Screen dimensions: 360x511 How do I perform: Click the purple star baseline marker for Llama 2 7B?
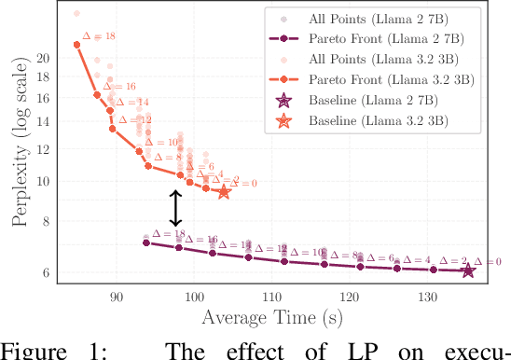point(468,270)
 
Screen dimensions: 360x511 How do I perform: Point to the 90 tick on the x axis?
point(117,297)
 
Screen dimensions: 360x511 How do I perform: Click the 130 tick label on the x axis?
point(427,297)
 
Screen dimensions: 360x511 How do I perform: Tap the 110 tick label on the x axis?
point(272,297)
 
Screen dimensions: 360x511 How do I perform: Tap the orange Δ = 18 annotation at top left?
point(99,36)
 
